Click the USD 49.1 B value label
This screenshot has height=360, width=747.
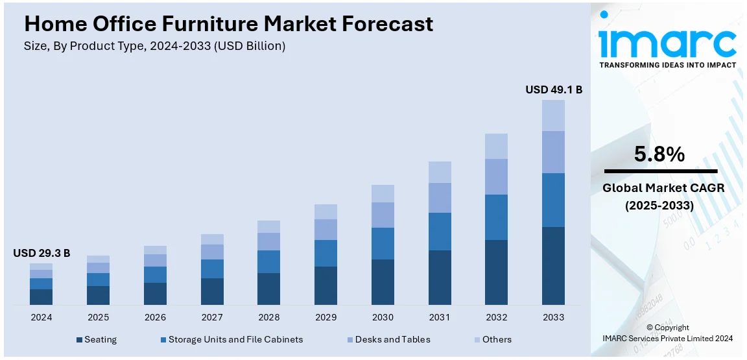[x=553, y=90]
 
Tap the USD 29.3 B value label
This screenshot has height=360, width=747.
[x=41, y=253]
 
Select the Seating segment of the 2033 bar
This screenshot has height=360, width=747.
[x=553, y=265]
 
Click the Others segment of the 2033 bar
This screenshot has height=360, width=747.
[x=553, y=115]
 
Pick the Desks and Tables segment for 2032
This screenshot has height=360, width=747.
[x=496, y=176]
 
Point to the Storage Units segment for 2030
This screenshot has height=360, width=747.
[x=383, y=243]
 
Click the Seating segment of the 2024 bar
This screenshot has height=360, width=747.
[x=41, y=296]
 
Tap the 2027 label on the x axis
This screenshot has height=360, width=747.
[x=212, y=317]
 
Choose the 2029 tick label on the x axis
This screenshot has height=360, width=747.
[x=326, y=317]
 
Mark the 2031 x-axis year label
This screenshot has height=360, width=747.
[x=440, y=317]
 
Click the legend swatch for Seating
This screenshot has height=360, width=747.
[x=79, y=339]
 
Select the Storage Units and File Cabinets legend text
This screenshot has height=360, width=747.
[x=235, y=339]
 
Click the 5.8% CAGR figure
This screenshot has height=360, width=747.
[x=659, y=154]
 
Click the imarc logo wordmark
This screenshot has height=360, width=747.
[x=667, y=42]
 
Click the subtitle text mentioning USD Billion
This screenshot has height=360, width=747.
[x=154, y=46]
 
